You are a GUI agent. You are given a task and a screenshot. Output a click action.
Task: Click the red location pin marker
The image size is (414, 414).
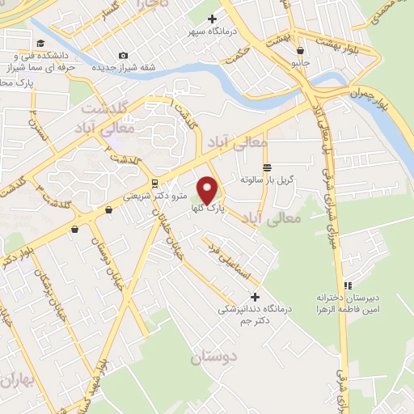(209, 188)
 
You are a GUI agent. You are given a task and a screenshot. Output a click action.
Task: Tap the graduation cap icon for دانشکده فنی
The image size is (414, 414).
(40, 44)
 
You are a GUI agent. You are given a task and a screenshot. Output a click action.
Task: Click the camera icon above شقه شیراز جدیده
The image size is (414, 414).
(122, 55)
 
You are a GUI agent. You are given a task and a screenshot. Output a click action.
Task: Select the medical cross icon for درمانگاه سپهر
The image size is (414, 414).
(213, 18)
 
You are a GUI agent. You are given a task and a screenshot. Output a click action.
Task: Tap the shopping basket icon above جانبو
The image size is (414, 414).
(301, 49)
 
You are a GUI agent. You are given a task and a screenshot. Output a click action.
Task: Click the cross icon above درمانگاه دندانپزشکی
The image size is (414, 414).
(256, 296)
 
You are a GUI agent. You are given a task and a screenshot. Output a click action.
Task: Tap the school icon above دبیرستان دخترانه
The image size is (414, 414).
(349, 285)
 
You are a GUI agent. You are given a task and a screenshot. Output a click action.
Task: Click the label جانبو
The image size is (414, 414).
(300, 61)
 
